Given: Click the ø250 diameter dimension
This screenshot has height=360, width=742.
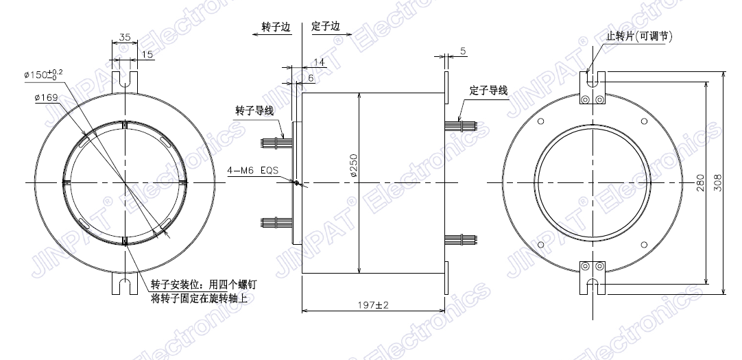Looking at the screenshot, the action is pyautogui.click(x=355, y=165).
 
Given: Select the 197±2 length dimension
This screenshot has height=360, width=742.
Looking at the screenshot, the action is pyautogui.click(x=373, y=305).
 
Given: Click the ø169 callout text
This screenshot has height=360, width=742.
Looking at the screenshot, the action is pyautogui.click(x=47, y=98).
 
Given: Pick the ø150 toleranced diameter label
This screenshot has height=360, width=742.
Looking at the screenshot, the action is pyautogui.click(x=43, y=74).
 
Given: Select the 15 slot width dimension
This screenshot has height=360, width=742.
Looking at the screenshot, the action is pyautogui.click(x=147, y=54).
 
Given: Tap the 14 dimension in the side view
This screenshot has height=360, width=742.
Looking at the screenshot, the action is pyautogui.click(x=319, y=62).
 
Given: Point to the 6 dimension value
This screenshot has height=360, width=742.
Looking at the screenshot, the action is pyautogui.click(x=311, y=78).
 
